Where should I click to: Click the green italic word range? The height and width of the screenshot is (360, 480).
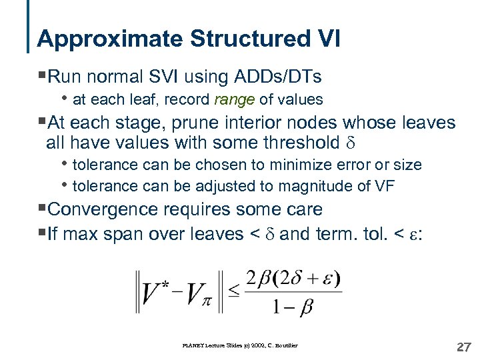(x=235, y=100)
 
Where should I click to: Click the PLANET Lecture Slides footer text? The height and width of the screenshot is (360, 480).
(x=239, y=345)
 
